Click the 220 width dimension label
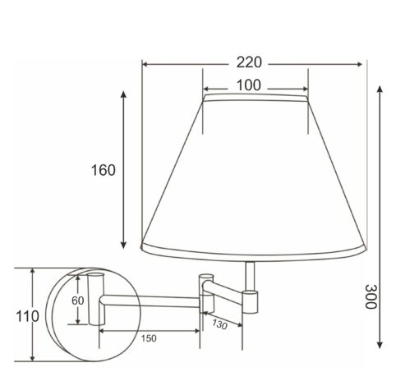point(249,62)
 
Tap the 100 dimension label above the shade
point(248,85)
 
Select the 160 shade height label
point(103,170)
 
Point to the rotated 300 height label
point(371,296)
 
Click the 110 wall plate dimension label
point(27,316)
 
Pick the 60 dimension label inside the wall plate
point(78,301)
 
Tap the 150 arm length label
point(149,338)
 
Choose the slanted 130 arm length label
point(219,324)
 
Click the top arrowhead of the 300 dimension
point(380,89)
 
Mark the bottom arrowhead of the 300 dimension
point(380,345)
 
